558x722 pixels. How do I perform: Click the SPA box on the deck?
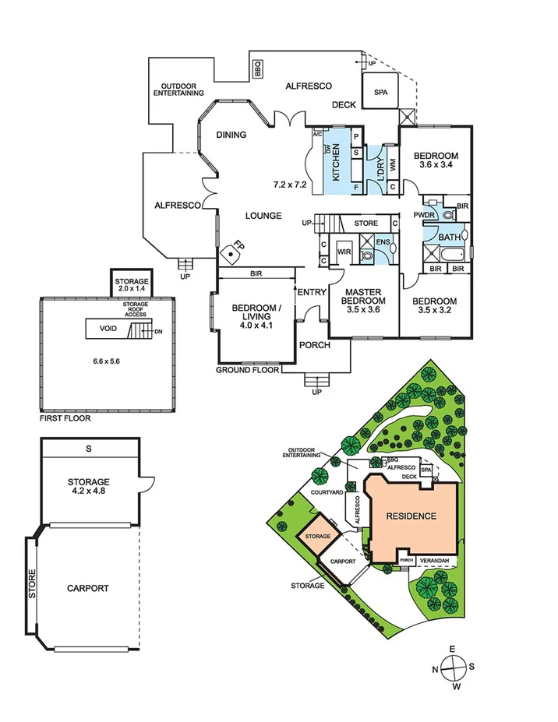381,92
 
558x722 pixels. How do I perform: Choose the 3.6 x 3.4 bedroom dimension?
436,166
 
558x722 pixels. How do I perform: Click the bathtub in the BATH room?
447,256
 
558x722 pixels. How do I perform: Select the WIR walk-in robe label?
344,253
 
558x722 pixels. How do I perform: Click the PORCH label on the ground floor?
315,345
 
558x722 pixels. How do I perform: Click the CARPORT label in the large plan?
87,589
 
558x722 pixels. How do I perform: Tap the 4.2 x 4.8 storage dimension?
87,492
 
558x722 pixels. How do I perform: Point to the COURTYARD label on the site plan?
327,493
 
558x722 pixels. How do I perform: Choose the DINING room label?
231,135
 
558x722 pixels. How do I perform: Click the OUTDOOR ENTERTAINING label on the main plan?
182,90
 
